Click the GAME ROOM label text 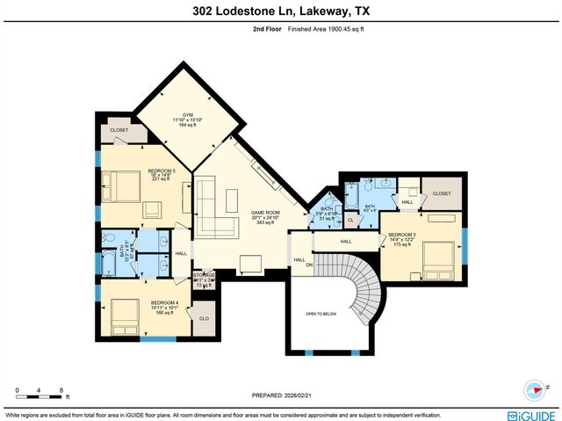click(265, 213)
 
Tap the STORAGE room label click(204, 275)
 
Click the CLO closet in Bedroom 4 click(204, 319)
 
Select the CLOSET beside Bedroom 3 click(441, 192)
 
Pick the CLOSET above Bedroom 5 click(119, 130)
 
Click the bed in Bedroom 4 click(123, 314)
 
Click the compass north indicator click(535, 388)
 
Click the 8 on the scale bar click(61, 388)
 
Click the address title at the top click(280, 11)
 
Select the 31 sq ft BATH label click(327, 214)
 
